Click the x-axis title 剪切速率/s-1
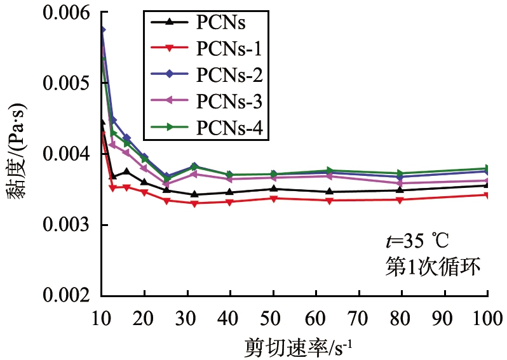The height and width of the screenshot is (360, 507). point(294,347)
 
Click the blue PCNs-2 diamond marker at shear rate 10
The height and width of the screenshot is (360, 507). point(102,30)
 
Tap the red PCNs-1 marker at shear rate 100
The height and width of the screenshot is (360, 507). point(487,194)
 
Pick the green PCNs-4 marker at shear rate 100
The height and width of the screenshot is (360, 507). point(487,168)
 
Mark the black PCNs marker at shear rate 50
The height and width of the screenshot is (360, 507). point(273,189)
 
